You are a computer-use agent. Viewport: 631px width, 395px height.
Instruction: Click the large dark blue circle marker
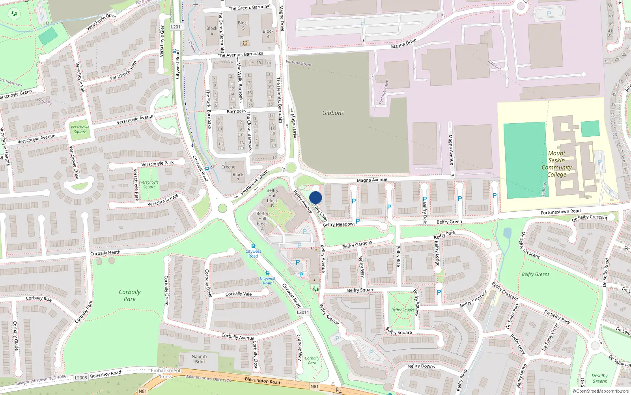point(315,197)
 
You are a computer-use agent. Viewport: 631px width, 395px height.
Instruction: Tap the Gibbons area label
point(333,113)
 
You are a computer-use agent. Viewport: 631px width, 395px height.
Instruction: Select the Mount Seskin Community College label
point(556,164)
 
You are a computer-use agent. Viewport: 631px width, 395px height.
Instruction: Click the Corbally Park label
point(129,295)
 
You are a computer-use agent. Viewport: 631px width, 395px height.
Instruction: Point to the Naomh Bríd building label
point(199,359)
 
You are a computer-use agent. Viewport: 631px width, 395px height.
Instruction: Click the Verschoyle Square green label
point(80,130)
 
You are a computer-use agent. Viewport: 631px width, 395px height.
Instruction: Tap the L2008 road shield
point(81,378)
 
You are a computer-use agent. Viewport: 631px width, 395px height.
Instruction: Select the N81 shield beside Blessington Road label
point(314,386)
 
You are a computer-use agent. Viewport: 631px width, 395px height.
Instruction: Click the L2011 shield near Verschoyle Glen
point(177,27)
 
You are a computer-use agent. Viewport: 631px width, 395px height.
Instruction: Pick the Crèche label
point(228,167)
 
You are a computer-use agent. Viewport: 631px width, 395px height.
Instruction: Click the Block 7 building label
point(238,177)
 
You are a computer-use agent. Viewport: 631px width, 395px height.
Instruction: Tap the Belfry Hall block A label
point(262,221)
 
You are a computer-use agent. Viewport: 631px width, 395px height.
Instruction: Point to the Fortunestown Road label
point(560,212)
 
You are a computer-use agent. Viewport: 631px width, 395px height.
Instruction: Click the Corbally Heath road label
point(105,253)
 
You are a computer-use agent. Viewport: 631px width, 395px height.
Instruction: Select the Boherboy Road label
point(105,374)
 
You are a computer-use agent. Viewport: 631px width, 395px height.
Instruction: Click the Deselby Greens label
point(599,378)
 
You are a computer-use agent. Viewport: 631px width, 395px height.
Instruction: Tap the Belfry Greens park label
point(535,274)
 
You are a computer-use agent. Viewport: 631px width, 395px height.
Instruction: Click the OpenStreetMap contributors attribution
point(601,391)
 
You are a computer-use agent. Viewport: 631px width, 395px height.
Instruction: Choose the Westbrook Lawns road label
point(254,182)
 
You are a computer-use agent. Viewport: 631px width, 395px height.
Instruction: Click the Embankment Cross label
point(166,373)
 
